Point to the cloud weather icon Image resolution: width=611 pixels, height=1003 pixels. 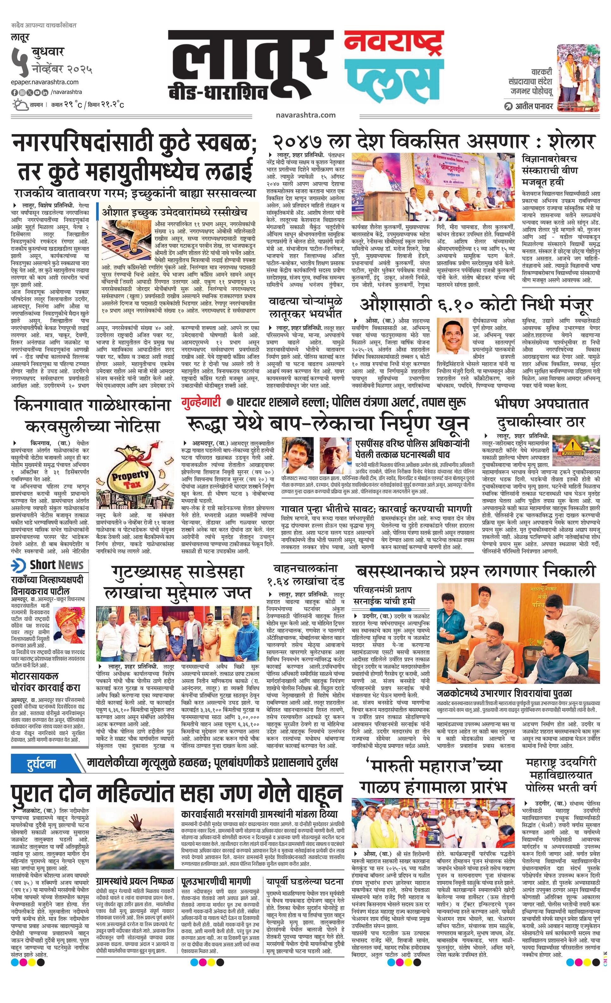coord(20,105)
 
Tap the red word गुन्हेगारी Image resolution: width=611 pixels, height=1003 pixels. coord(201,402)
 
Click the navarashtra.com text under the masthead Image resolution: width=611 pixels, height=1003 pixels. coord(305,115)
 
